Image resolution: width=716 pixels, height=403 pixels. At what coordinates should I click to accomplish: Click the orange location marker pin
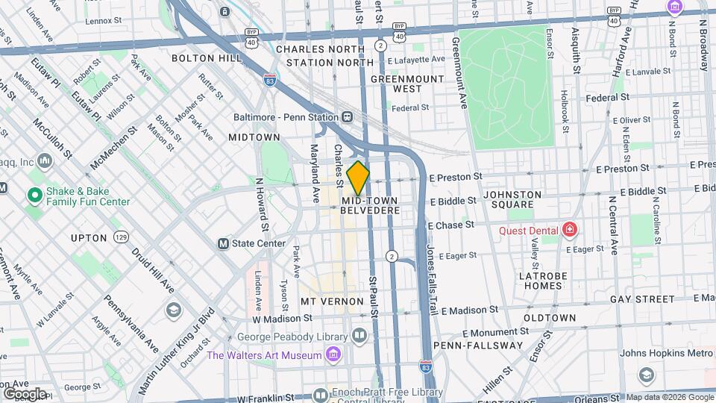click(358, 178)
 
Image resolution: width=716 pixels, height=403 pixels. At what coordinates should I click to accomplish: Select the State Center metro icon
click(222, 243)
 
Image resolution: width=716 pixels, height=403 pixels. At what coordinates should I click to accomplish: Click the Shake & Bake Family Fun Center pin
click(34, 196)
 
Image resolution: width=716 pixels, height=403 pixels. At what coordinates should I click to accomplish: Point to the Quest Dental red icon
click(570, 230)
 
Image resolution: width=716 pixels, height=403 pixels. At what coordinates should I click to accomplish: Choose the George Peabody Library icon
click(360, 336)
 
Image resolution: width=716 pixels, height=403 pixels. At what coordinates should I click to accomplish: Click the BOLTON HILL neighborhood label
click(207, 57)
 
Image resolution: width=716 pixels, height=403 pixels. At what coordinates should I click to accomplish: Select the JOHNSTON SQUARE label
click(518, 199)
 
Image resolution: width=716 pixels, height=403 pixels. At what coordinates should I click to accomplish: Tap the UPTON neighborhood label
click(89, 238)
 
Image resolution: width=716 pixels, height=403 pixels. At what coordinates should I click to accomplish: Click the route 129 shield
click(120, 237)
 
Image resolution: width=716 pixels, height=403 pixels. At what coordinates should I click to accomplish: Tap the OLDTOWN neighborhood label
click(549, 318)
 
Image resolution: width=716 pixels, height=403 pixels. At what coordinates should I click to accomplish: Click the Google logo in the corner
click(25, 393)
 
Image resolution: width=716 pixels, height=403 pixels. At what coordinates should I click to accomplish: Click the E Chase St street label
click(451, 225)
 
